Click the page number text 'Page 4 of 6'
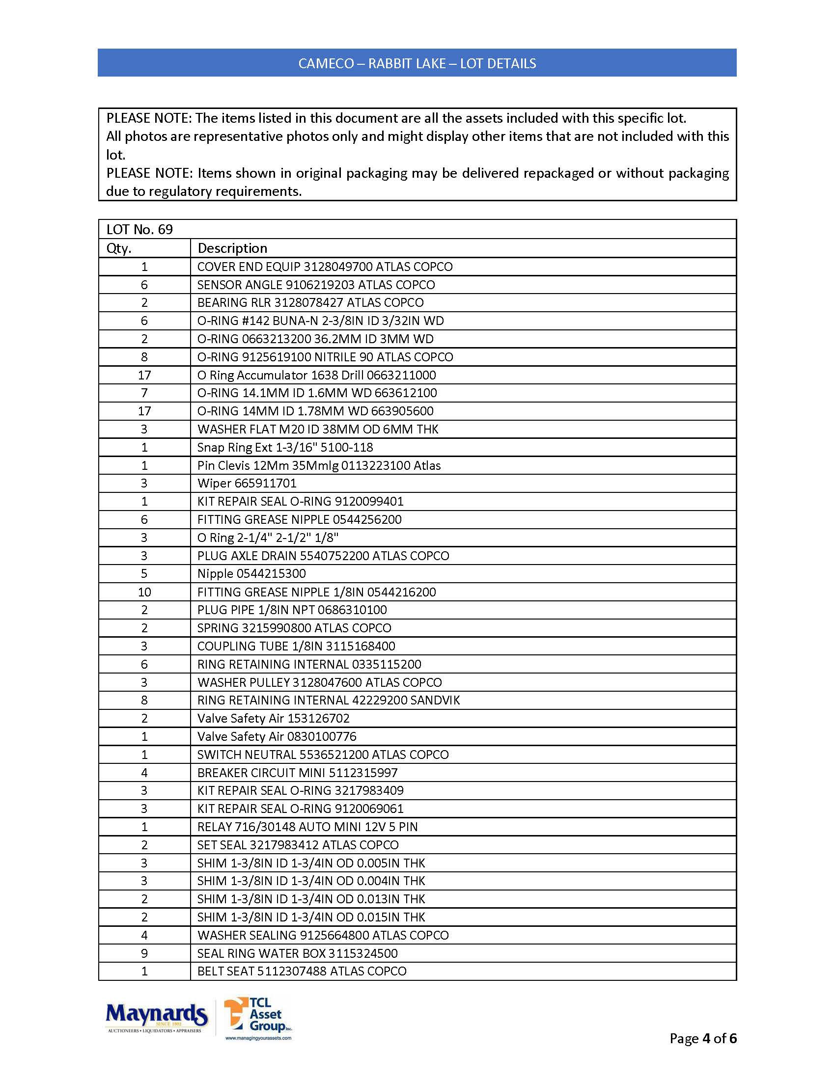pos(702,1038)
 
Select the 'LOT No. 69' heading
pos(139,229)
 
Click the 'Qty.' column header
pos(119,248)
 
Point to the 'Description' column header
pos(232,248)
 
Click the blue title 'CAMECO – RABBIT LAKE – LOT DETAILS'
pos(417,63)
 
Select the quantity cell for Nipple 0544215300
pos(144,573)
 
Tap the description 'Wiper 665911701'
pos(247,483)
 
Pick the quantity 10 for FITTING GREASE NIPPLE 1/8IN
pos(144,592)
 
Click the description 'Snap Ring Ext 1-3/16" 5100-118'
pos(285,447)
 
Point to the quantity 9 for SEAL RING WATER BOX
pos(144,953)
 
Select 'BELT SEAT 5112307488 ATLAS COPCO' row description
pos(302,971)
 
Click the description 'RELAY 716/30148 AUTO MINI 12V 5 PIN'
pos(307,827)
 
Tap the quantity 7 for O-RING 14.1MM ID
pos(144,393)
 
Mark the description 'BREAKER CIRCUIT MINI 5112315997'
pos(297,772)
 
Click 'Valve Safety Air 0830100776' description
pos(277,736)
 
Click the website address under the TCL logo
pos(258,1038)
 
